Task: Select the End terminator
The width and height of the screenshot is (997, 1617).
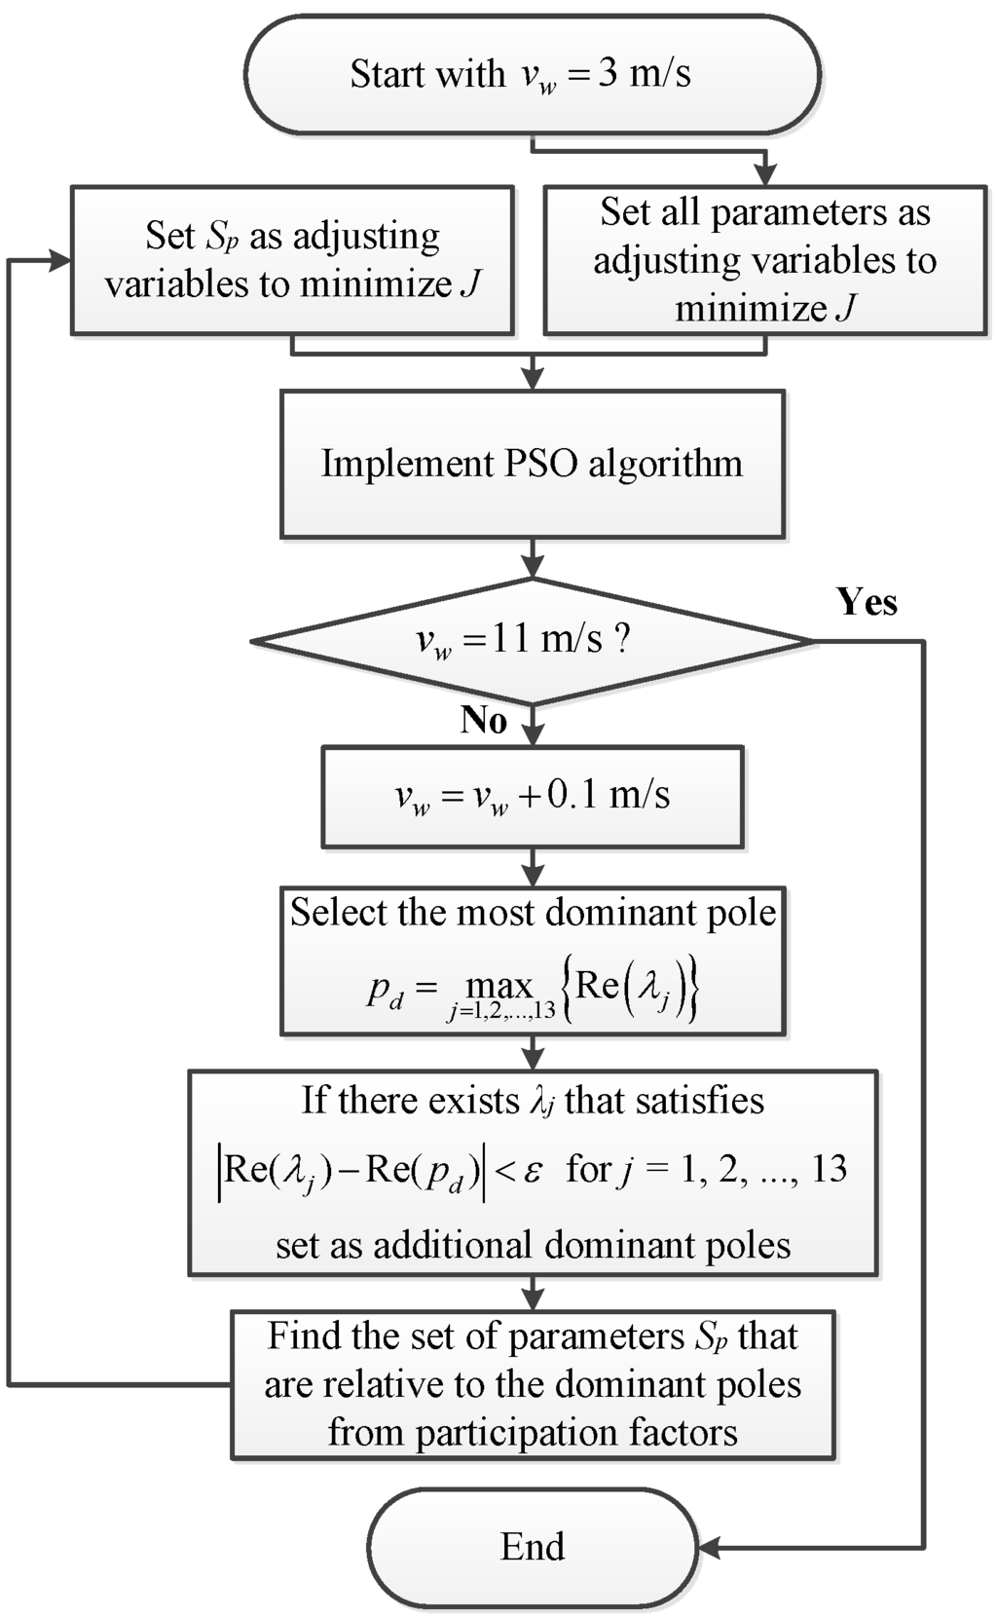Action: pyautogui.click(x=532, y=1547)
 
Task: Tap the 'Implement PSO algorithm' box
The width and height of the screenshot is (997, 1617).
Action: pyautogui.click(x=532, y=464)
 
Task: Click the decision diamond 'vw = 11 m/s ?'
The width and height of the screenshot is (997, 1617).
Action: pyautogui.click(x=532, y=641)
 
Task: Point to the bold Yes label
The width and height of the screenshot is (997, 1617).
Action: pyautogui.click(x=867, y=602)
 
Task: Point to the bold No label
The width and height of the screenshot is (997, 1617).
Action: pyautogui.click(x=484, y=720)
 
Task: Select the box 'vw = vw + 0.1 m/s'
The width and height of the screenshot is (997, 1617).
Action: pyautogui.click(x=532, y=796)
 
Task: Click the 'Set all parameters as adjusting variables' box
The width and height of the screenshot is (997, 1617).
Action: pyautogui.click(x=764, y=260)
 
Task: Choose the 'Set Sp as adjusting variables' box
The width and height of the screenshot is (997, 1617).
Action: pyautogui.click(x=291, y=260)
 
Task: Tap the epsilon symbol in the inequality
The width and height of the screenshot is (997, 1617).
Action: pyautogui.click(x=533, y=1170)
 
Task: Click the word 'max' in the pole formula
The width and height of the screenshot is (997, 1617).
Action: pyautogui.click(x=499, y=987)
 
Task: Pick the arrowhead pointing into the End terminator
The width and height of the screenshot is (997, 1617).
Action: pyautogui.click(x=709, y=1547)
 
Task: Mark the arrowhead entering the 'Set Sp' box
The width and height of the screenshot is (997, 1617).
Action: pyautogui.click(x=60, y=260)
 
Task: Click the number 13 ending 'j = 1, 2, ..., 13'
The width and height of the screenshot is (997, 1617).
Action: pyautogui.click(x=829, y=1168)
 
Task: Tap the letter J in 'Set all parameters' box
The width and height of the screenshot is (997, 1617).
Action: pyautogui.click(x=845, y=309)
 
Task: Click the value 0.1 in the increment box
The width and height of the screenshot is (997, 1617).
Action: pyautogui.click(x=572, y=795)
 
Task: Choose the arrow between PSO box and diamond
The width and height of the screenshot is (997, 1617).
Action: pyautogui.click(x=532, y=559)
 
